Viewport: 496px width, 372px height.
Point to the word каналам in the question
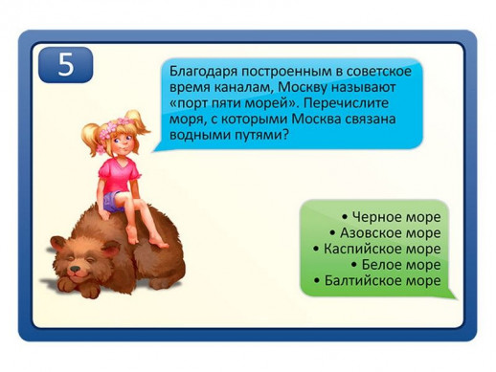coord(234,87)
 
